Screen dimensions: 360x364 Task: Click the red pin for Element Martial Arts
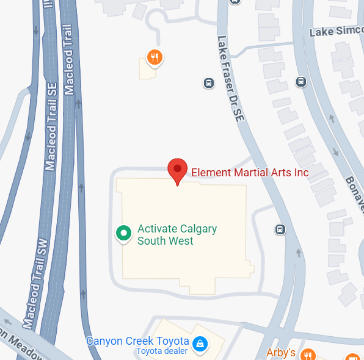tap(177, 169)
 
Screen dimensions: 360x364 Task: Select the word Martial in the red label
tap(250, 173)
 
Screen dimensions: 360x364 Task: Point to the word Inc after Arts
tap(300, 173)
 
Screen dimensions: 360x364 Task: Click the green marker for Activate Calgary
tap(124, 232)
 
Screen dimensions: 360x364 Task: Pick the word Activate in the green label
tap(157, 229)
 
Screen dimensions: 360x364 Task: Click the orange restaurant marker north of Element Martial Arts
tap(155, 58)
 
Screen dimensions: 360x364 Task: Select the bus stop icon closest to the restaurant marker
tap(208, 82)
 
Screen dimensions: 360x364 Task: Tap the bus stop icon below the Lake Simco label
tap(300, 81)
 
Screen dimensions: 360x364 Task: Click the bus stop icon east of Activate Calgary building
tap(280, 229)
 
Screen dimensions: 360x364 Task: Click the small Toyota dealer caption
tap(161, 351)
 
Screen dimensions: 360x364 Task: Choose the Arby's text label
tap(281, 353)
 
